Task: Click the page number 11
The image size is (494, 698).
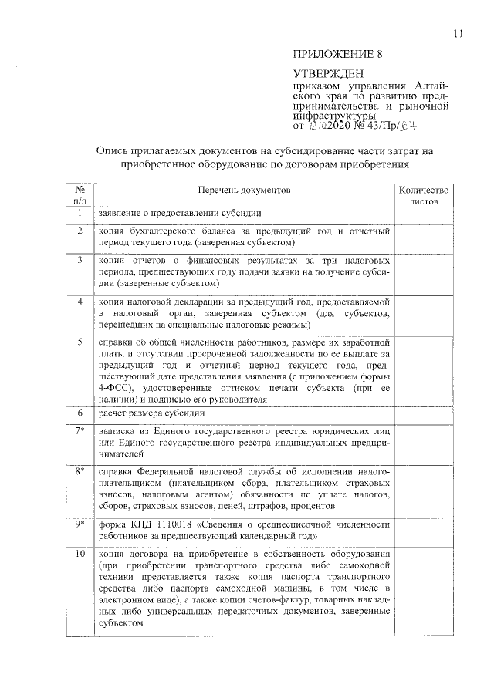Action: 458,33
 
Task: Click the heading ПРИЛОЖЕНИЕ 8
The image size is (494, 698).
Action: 337,53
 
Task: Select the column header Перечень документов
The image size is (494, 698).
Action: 242,189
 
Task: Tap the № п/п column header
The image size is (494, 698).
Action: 79,194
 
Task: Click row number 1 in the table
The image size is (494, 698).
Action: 79,212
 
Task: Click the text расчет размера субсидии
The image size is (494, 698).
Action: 145,413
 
